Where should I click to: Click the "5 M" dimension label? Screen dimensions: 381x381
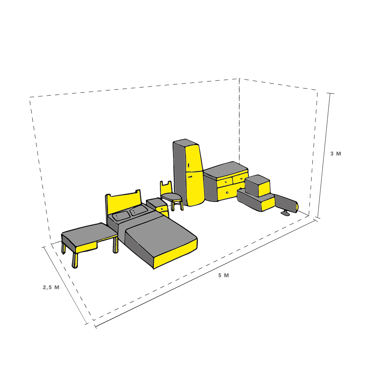pos(223,276)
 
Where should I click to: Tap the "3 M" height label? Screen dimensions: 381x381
pos(335,154)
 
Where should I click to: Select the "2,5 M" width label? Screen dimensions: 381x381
pos(51,287)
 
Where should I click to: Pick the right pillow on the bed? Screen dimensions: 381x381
pos(139,211)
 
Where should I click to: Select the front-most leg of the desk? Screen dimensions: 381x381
pos(74,260)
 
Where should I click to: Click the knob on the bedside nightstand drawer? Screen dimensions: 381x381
pos(162,209)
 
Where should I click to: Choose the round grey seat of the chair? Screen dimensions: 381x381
pos(171,196)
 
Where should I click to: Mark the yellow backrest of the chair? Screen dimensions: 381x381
pos(166,188)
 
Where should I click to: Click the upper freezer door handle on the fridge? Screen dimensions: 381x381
pos(189,165)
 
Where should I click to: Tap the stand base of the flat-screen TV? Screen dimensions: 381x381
pos(285,213)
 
